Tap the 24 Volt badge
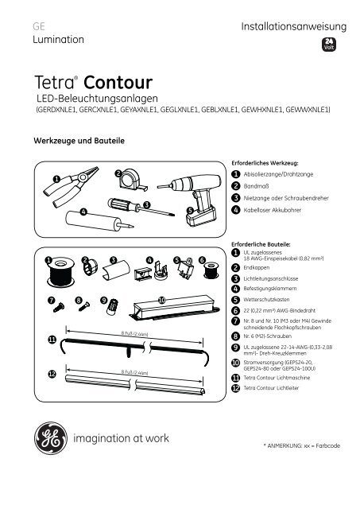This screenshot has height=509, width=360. [x=327, y=45]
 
